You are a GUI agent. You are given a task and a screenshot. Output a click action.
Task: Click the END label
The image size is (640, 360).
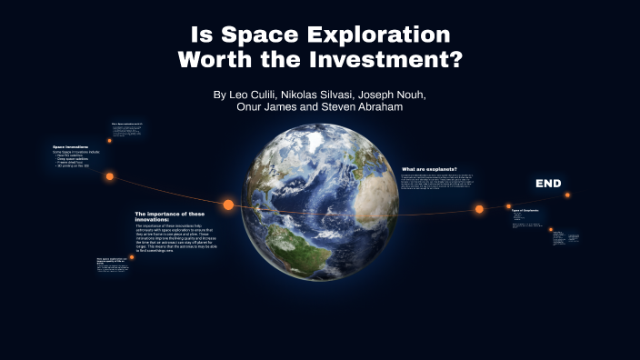pos(548,184)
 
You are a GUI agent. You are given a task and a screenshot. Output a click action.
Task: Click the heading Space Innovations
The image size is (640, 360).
pos(71,146)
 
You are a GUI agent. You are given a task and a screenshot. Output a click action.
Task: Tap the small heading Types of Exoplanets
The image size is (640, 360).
pos(525,210)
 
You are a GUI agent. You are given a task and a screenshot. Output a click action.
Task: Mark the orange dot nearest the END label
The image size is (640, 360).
pos(567,195)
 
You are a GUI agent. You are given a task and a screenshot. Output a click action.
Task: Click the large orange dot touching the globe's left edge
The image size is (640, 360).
pos(228,205)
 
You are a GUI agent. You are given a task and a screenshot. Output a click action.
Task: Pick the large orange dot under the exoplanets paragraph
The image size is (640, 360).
pos(479,209)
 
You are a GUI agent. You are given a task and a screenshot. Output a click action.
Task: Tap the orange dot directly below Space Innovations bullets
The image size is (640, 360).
pos(109,176)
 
